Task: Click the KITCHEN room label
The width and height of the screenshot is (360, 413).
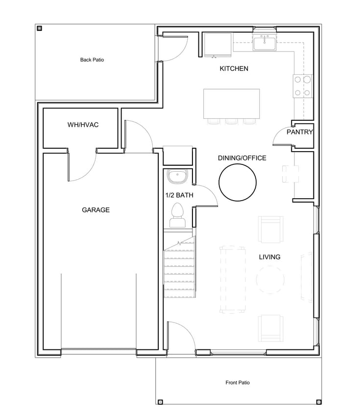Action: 234,69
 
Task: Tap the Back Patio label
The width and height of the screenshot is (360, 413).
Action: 92,60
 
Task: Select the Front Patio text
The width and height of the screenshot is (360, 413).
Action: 238,383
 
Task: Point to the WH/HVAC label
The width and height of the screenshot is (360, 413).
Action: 83,125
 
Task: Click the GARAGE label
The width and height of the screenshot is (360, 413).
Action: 96,210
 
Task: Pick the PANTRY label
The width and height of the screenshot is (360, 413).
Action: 300,132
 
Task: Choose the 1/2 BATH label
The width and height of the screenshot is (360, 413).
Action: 179,195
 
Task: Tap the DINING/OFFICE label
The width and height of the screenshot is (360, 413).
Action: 242,158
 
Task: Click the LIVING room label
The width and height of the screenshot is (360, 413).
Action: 269,257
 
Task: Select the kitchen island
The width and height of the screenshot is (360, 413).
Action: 231,104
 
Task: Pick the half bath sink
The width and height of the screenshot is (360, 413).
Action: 177,177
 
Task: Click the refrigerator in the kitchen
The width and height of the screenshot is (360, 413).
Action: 219,45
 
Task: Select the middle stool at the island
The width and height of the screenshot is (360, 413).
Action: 231,121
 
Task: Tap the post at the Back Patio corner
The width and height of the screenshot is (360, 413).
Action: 40,28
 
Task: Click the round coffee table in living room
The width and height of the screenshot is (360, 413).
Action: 270,279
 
